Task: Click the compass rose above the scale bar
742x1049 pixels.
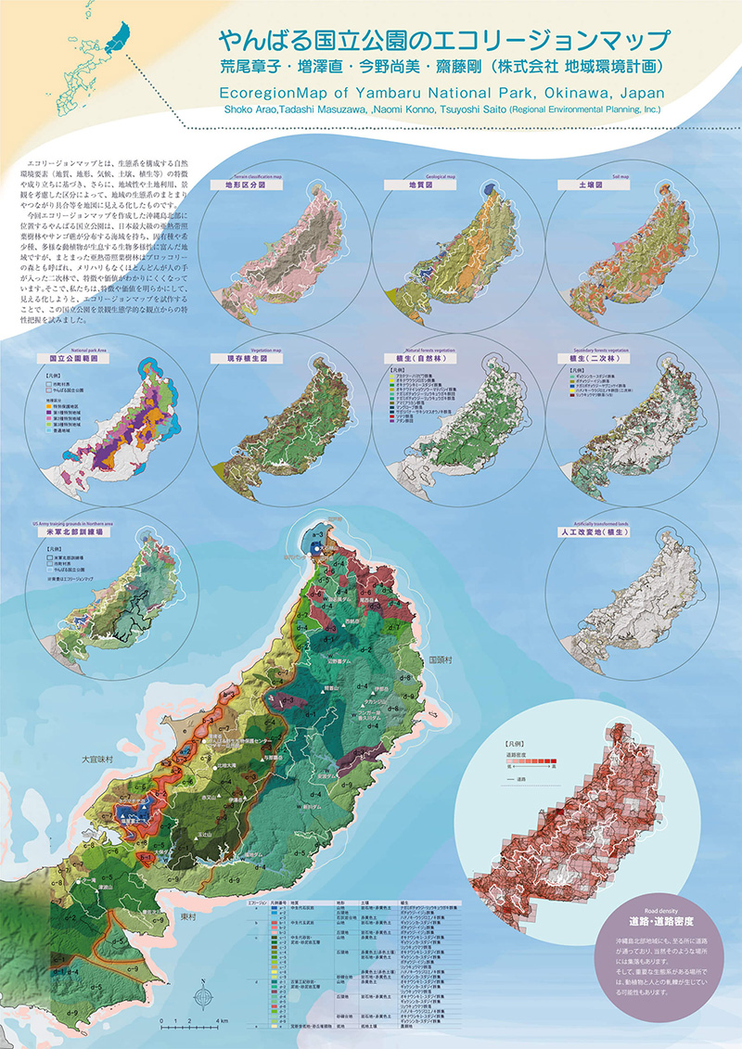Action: point(201,996)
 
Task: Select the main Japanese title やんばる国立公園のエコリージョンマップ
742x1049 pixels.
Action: point(443,41)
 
